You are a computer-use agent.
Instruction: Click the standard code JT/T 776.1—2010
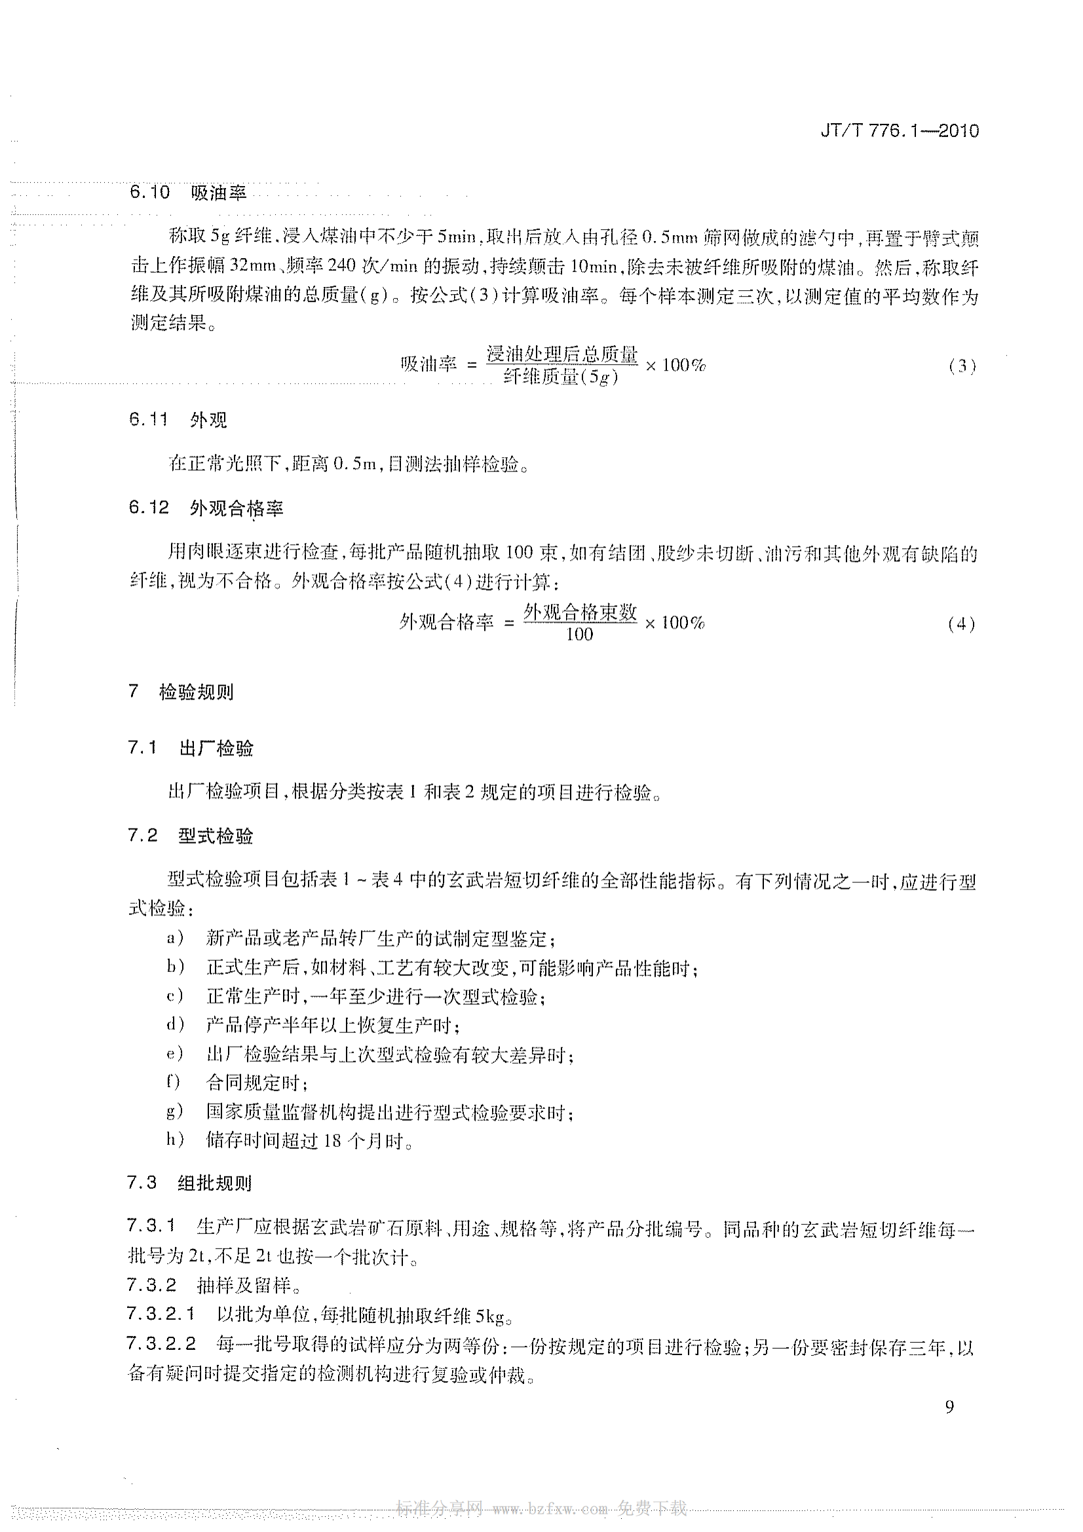pyautogui.click(x=899, y=131)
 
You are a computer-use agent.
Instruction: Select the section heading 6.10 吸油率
pyautogui.click(x=188, y=193)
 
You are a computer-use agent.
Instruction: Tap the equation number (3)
pyautogui.click(x=962, y=366)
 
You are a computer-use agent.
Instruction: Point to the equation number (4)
pyautogui.click(x=961, y=624)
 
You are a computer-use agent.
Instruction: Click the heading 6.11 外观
pyautogui.click(x=178, y=420)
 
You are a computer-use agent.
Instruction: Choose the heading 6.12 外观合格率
pyautogui.click(x=206, y=508)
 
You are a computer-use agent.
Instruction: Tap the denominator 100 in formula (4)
pyautogui.click(x=579, y=635)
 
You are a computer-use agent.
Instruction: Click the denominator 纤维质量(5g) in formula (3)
pyautogui.click(x=561, y=378)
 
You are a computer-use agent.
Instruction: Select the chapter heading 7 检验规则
pyautogui.click(x=181, y=692)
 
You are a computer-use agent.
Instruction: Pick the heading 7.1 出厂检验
pyautogui.click(x=191, y=749)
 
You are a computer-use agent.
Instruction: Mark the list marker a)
pyautogui.click(x=175, y=939)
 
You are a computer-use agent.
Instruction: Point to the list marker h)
pyautogui.click(x=175, y=1140)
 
